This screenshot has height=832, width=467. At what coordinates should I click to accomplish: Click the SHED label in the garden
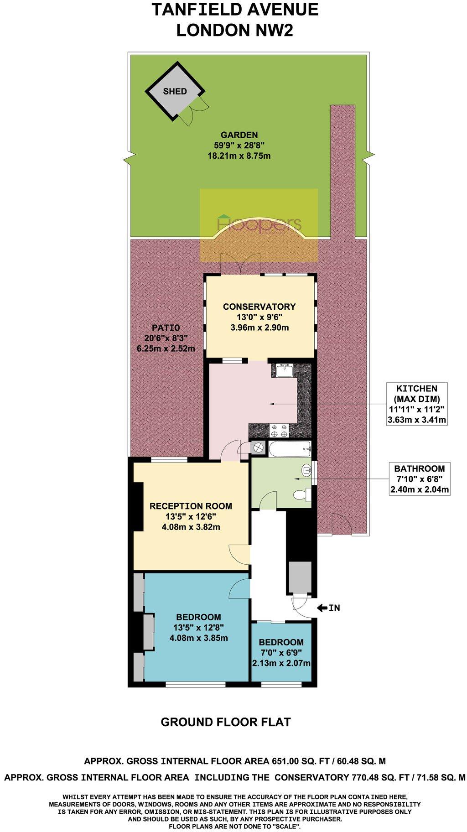(175, 91)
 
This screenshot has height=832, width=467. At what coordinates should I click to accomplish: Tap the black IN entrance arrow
(322, 608)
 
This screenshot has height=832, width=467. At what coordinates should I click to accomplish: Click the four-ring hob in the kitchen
(279, 430)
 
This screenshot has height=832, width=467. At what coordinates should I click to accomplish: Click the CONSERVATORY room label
(259, 307)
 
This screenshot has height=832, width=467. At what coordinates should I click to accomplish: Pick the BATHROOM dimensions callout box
(419, 479)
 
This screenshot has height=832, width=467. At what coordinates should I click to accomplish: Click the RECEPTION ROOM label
(191, 506)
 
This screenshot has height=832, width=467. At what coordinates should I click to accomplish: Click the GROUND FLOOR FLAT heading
(226, 722)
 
